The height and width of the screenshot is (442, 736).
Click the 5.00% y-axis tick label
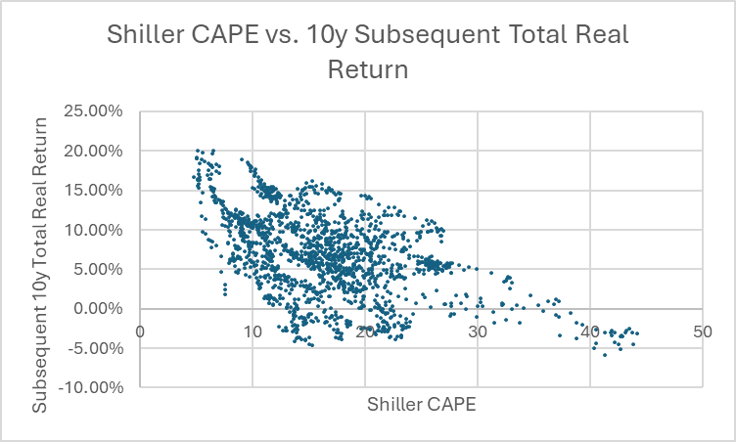[99, 269]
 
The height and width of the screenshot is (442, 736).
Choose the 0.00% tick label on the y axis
[99, 308]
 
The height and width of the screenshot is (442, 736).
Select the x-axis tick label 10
[253, 331]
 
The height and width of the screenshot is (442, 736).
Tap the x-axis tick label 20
[364, 331]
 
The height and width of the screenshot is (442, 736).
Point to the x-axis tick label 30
[477, 331]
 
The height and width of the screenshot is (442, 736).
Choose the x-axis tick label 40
[589, 331]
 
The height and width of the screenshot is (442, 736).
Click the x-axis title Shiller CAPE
[421, 403]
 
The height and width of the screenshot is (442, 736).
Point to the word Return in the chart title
[367, 69]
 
